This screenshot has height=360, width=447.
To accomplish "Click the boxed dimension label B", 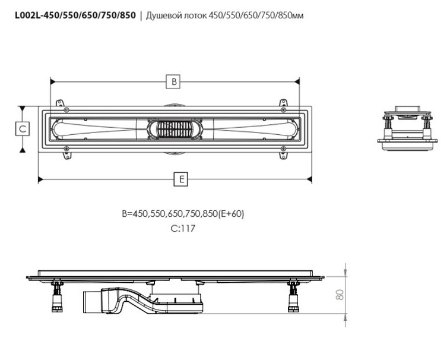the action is (173, 81).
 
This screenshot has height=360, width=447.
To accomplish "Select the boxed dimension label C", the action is (22, 129).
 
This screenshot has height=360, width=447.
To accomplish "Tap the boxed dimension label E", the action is (180, 179).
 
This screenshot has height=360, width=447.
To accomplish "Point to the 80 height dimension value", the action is (340, 295).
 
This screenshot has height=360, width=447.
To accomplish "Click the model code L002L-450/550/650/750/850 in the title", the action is (75, 15).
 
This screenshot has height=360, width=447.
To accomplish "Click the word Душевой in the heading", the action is (160, 15).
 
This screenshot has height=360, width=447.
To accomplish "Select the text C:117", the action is (183, 228).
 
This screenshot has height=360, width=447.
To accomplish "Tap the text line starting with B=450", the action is (183, 214).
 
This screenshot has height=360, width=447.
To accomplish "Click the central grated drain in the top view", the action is (175, 130).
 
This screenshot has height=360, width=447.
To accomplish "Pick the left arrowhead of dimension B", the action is (52, 81).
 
